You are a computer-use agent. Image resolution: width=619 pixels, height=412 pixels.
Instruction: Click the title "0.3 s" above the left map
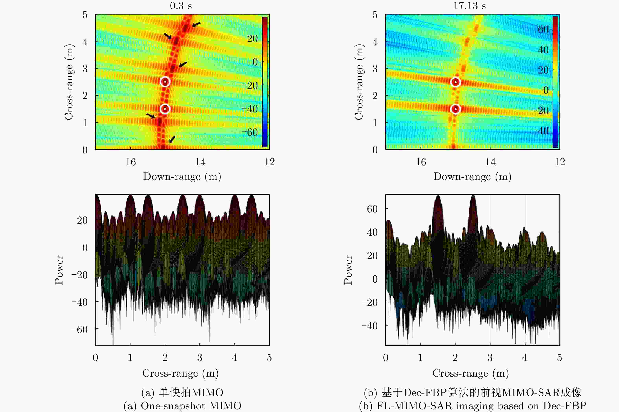181,6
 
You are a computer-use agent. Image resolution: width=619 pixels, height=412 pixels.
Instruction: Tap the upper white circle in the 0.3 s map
165,82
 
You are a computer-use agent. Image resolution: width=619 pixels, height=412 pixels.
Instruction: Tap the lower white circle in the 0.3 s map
165,109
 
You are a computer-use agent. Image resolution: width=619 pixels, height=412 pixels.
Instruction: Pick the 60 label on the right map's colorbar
543,30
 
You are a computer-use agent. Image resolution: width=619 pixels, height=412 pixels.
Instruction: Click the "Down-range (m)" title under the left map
182,177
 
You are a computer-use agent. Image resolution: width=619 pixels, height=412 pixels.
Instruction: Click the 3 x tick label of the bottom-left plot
200,358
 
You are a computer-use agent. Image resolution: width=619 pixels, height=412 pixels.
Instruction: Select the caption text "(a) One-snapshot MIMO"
182,406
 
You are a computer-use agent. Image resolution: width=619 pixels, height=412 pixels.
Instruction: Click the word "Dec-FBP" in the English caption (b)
565,406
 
